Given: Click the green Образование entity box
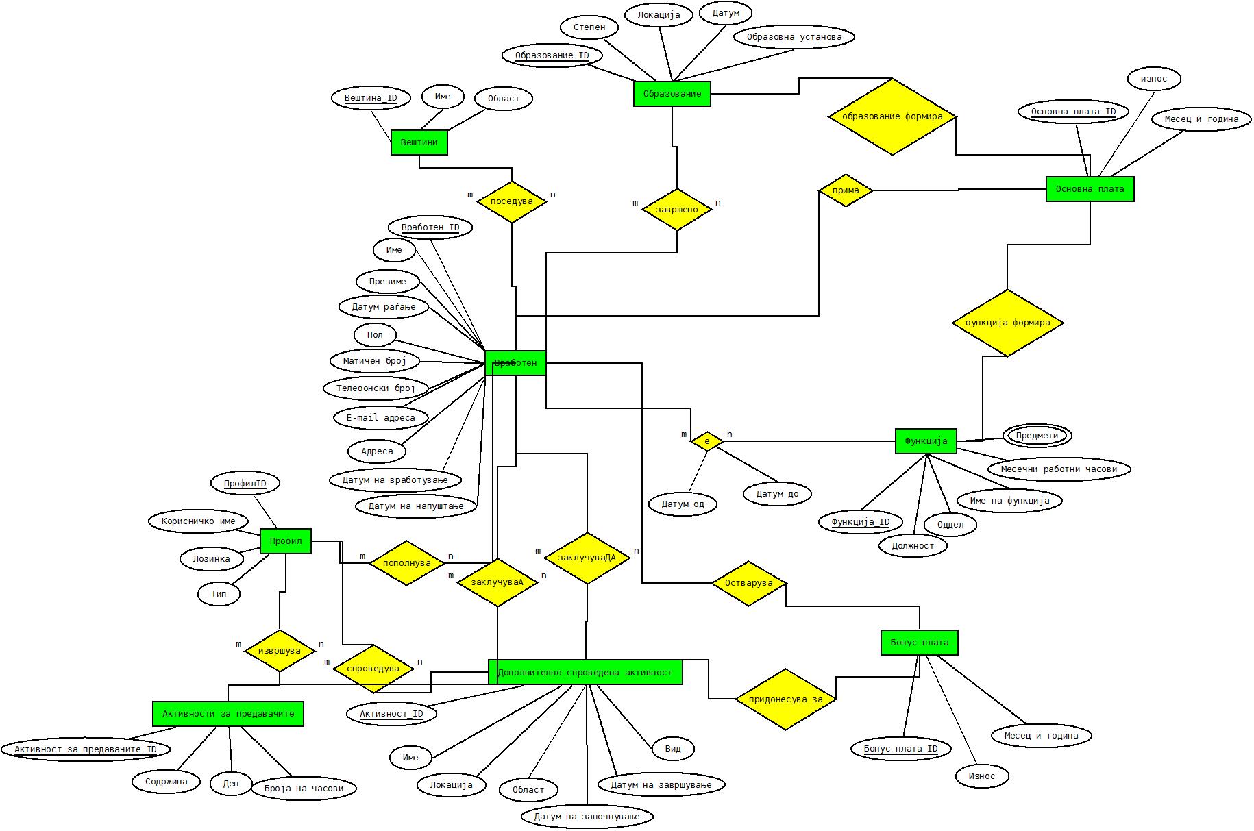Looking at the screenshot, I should point(672,94).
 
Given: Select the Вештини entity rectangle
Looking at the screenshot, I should point(419,142).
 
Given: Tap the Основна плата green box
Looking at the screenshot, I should point(1090,189).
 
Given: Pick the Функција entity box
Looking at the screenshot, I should point(926,441).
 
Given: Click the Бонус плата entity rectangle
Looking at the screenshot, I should point(919,643).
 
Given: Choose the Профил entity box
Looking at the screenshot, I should point(286,541).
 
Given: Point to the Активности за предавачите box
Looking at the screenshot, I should point(228,714).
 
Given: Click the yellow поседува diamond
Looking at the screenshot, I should point(512,201).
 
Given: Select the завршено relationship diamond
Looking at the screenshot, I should point(677,210).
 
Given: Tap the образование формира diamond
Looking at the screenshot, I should point(892,116).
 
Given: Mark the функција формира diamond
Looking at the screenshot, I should point(1007,323).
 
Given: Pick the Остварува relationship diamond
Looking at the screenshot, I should point(748,584).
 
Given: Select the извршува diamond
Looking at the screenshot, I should point(279,651).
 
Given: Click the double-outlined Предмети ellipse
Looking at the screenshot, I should point(1037,436).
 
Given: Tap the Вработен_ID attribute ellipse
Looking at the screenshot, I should point(430,227).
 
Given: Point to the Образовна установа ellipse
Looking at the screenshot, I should point(794,37).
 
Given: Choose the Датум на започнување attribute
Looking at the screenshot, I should point(586,817).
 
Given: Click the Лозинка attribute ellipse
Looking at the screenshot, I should point(211,559).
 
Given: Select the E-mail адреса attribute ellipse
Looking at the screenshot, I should point(380,418).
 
